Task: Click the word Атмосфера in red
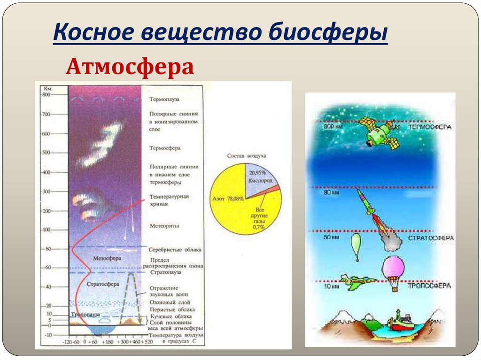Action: tap(130, 67)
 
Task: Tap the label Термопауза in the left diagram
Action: tap(164, 100)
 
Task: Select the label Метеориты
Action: tap(164, 226)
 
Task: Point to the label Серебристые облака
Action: tap(175, 249)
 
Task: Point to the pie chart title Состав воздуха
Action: tap(247, 155)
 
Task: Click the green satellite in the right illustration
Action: tap(378, 132)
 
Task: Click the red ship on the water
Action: tap(400, 322)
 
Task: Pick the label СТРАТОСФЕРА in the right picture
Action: tap(430, 238)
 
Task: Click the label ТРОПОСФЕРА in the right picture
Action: tap(429, 285)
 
